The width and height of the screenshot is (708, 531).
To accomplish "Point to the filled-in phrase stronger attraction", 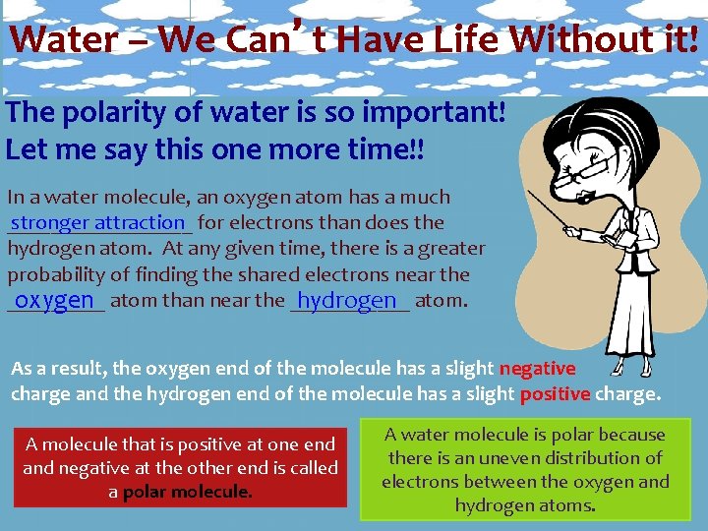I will (97, 222).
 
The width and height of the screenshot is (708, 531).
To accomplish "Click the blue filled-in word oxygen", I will (54, 300).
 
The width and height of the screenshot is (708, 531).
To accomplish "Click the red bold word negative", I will (537, 369).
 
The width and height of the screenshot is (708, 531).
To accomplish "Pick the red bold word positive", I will (555, 394).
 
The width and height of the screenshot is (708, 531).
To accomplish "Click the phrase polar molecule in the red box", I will (187, 491).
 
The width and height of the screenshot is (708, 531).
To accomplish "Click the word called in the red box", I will (314, 468).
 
